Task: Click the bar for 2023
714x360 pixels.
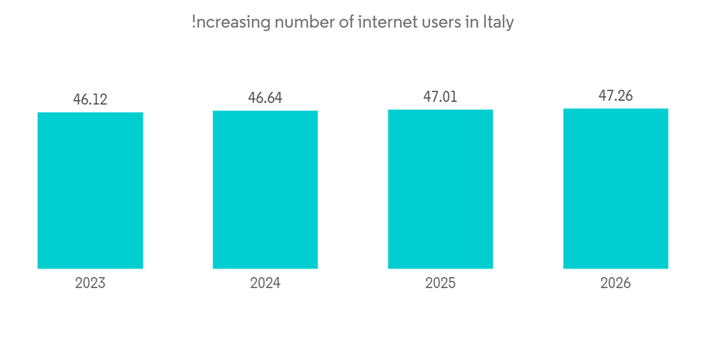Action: (90, 190)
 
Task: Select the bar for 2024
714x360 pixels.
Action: (265, 189)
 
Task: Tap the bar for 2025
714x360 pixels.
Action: (441, 189)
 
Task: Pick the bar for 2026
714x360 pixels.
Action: (615, 189)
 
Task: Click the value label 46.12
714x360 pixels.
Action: (90, 99)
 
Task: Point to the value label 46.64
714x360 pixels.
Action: (265, 98)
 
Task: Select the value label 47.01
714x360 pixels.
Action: (441, 96)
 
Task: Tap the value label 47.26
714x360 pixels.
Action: (615, 96)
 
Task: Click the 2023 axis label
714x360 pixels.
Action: (90, 283)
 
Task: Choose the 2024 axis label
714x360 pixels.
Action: (265, 283)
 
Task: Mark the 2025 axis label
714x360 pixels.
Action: (441, 283)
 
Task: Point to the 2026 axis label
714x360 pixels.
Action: (615, 283)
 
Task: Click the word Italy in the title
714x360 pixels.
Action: (498, 22)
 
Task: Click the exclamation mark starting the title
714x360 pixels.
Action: (193, 22)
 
